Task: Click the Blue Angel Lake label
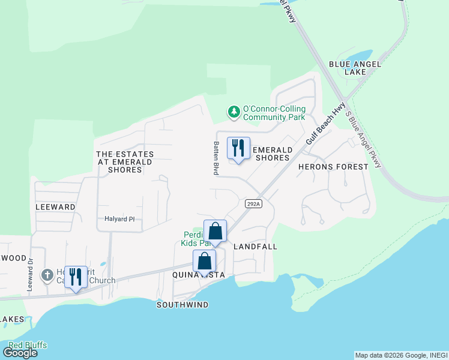tap(347, 67)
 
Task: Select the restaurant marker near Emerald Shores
tap(238, 148)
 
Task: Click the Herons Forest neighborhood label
tap(333, 167)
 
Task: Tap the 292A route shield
tap(253, 204)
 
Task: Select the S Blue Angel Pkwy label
tap(364, 139)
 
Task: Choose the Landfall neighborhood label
tap(255, 247)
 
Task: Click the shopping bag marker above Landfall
tap(215, 231)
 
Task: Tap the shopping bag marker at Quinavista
tap(204, 262)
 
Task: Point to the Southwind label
tap(182, 305)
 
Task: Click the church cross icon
tap(47, 275)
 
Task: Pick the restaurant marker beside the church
tap(76, 277)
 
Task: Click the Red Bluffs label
tap(27, 345)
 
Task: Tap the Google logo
tap(20, 353)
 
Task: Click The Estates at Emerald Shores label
tap(125, 162)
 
